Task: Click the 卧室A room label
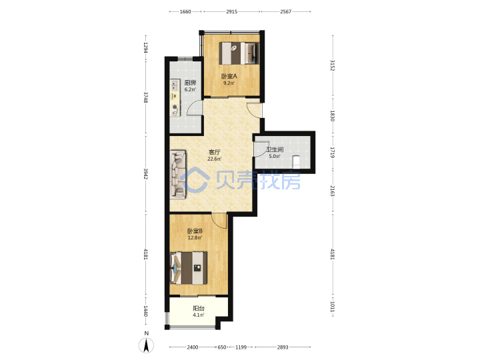pyautogui.click(x=229, y=76)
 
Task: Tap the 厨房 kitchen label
pyautogui.click(x=190, y=83)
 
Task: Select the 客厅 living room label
pyautogui.click(x=214, y=152)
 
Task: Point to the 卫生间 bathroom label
pyautogui.click(x=275, y=150)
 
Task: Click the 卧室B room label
pyautogui.click(x=195, y=231)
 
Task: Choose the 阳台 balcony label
pyautogui.click(x=199, y=308)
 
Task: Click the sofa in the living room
pyautogui.click(x=178, y=174)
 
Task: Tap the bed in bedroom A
pyautogui.click(x=239, y=53)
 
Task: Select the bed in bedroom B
pyautogui.click(x=189, y=268)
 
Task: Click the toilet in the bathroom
pyautogui.click(x=296, y=162)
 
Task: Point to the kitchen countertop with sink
pyautogui.click(x=175, y=98)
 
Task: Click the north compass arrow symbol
pyautogui.click(x=147, y=345)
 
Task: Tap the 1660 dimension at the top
pyautogui.click(x=185, y=11)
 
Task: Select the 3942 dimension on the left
pyautogui.click(x=146, y=174)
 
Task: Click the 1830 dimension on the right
pyautogui.click(x=333, y=116)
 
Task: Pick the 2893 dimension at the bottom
pyautogui.click(x=283, y=347)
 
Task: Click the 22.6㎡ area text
pyautogui.click(x=214, y=159)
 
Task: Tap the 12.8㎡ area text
pyautogui.click(x=195, y=237)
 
